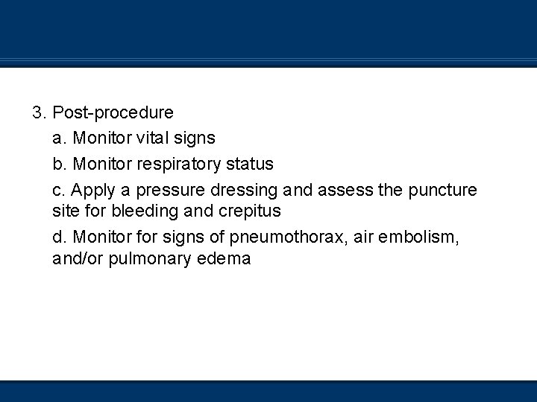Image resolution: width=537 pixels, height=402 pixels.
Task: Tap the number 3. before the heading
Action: click(40, 113)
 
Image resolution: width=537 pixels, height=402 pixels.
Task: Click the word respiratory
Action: click(173, 164)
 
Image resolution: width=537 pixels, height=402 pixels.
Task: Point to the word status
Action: click(250, 164)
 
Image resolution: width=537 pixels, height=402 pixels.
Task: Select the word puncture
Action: click(443, 191)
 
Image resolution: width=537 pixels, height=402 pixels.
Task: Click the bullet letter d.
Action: click(60, 237)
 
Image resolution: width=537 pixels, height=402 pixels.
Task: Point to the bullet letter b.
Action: click(60, 164)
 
